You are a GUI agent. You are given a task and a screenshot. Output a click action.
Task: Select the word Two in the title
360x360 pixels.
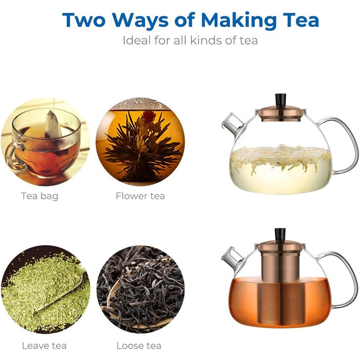[84, 20]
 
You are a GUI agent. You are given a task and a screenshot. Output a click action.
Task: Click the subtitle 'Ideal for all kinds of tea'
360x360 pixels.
[190, 41]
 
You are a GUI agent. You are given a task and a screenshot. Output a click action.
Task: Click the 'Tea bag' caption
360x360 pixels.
[40, 196]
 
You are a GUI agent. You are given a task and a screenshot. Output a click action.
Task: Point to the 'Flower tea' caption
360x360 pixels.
[140, 196]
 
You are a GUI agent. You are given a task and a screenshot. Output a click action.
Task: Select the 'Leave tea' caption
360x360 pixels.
[44, 346]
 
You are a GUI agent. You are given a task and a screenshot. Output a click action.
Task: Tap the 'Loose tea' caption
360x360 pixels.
[139, 346]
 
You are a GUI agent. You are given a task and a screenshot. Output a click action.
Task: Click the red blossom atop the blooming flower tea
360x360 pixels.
[149, 117]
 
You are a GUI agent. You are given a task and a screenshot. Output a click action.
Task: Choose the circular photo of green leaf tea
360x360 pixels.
[45, 289]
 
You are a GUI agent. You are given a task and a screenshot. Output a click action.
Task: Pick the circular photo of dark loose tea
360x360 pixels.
[140, 289]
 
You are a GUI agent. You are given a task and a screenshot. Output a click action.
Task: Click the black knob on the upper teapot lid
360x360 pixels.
[281, 100]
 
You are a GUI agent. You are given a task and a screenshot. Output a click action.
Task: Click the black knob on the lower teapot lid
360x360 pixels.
[280, 235]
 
